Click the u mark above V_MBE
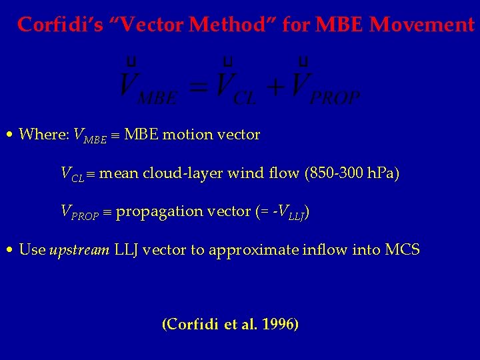tap(132, 62)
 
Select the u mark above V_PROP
tap(303, 62)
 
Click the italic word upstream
tap(79, 251)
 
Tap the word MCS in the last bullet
tap(403, 250)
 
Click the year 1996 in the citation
tap(280, 325)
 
